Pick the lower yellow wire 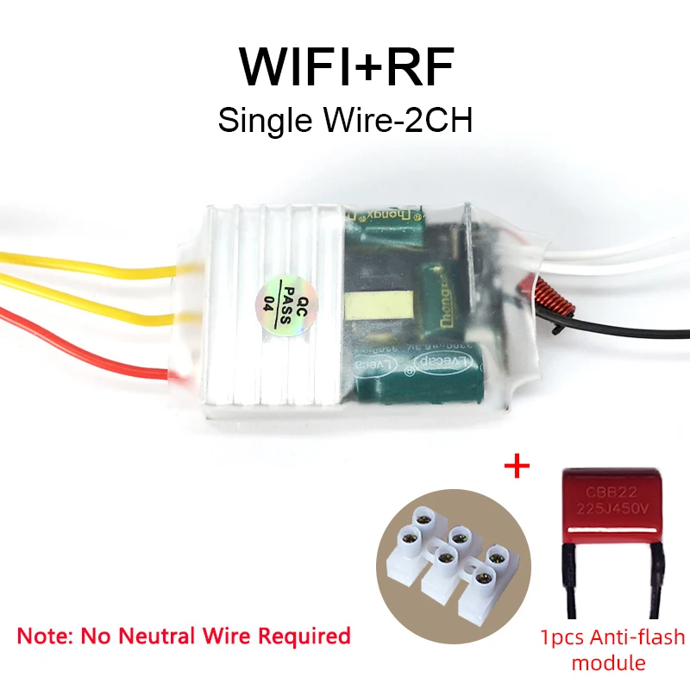tap(86, 304)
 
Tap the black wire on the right tap(621, 326)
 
